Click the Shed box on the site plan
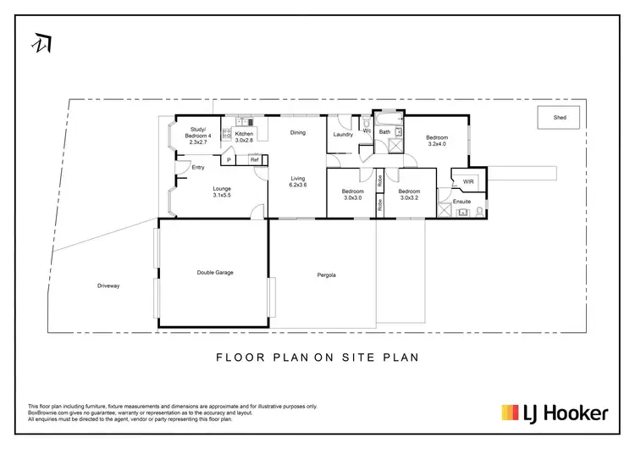click(x=560, y=118)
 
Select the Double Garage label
click(x=215, y=273)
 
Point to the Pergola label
click(x=327, y=275)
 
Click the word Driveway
click(x=108, y=286)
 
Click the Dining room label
click(x=297, y=132)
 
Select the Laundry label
click(x=343, y=135)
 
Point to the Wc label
click(x=367, y=131)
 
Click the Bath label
click(x=384, y=132)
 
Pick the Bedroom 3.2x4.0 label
click(x=436, y=141)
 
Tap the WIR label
click(x=468, y=181)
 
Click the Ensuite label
click(x=461, y=202)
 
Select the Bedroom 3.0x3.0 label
click(x=351, y=194)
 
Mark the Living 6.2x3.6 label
click(x=298, y=182)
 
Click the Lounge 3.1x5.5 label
click(x=222, y=191)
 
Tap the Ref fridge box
click(x=253, y=159)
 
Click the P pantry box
click(x=229, y=159)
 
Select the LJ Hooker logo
click(x=555, y=413)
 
